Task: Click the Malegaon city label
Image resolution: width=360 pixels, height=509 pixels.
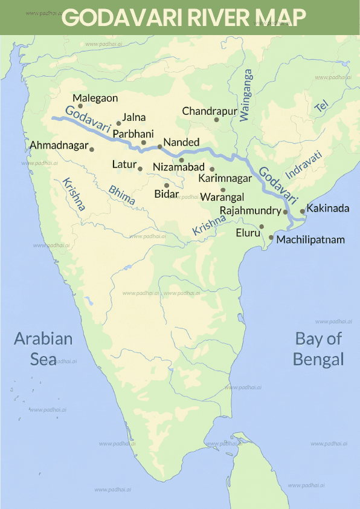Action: [95, 98]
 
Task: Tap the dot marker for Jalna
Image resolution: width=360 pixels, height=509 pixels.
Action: [119, 123]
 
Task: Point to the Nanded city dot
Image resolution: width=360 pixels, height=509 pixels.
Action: [159, 146]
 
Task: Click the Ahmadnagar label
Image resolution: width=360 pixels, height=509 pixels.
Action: [58, 146]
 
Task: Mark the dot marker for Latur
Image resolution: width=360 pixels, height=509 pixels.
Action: [140, 169]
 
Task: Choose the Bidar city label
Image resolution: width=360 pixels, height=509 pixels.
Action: [167, 193]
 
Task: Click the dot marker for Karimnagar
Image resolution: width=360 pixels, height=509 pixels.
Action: [212, 169]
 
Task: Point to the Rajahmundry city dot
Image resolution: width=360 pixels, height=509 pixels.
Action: [286, 212]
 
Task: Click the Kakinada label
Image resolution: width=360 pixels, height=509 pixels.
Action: [328, 208]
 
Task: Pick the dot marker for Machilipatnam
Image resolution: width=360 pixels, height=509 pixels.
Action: [271, 238]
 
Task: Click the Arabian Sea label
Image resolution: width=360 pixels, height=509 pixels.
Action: [43, 348]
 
